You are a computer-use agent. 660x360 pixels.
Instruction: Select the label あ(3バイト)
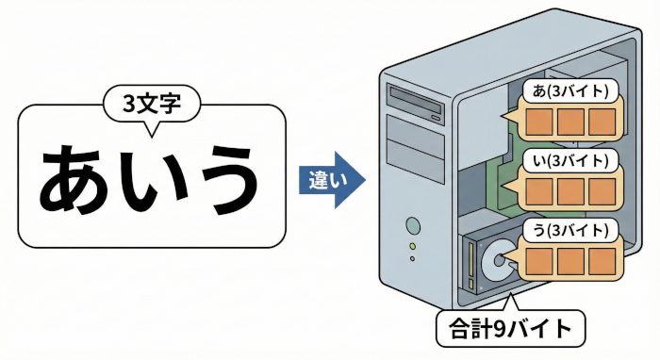[571, 90]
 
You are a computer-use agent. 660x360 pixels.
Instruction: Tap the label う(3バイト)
[571, 229]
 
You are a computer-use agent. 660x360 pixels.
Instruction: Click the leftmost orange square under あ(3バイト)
[539, 122]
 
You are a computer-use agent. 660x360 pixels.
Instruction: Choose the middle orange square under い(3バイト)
[571, 191]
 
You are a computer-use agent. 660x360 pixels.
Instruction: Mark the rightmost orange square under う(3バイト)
[602, 260]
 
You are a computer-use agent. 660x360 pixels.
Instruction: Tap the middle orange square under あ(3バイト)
[570, 122]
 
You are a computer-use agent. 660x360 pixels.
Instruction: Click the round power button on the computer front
[412, 225]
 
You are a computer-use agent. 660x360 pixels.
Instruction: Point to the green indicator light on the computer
[412, 246]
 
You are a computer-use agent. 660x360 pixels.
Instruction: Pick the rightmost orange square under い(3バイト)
[602, 191]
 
